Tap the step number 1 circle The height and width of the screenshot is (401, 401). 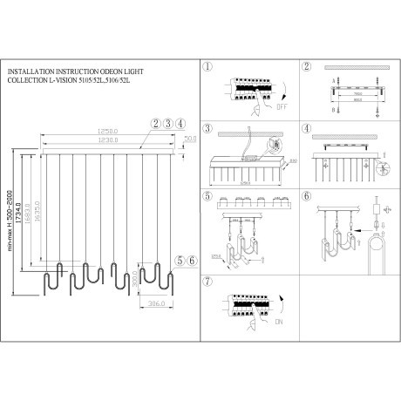(207, 66)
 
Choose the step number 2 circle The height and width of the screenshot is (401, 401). (306, 66)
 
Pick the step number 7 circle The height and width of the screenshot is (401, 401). (207, 281)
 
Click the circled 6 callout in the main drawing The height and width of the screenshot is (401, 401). (189, 260)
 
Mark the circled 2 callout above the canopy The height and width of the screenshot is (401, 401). (154, 123)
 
